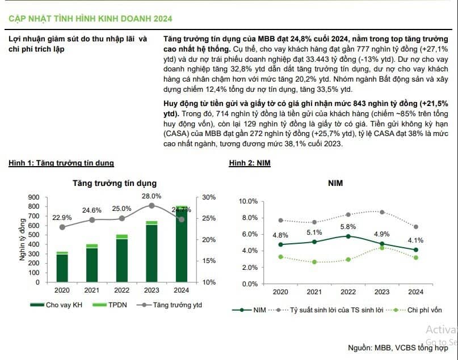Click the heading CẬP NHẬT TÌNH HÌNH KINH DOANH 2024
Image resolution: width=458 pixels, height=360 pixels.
[x=90, y=19]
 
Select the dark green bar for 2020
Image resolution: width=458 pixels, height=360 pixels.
[x=62, y=268]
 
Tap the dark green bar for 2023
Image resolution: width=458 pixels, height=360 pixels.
[x=152, y=253]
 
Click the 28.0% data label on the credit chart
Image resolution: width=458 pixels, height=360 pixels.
[x=152, y=196]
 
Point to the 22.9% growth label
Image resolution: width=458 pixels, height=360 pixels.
[x=62, y=218]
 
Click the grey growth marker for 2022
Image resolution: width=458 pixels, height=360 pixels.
[x=122, y=218]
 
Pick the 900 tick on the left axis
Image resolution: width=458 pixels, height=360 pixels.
[x=33, y=197]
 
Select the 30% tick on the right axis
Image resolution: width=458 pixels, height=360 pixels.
[x=209, y=197]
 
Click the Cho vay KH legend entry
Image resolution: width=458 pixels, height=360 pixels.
[x=56, y=305]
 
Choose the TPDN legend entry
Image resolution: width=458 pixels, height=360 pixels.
[x=110, y=305]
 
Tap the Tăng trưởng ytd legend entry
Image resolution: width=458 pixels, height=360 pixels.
[x=170, y=305]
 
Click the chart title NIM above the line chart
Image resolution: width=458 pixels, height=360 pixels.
[x=335, y=183]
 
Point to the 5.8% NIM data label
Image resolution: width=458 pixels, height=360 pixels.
[x=348, y=227]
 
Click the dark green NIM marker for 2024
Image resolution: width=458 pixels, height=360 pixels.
[x=415, y=249]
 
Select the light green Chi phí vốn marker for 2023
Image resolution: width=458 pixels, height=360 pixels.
[x=382, y=248]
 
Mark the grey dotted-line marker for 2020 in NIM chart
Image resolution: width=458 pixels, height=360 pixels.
[x=281, y=221]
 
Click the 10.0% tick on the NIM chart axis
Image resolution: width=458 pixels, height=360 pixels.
[x=248, y=201]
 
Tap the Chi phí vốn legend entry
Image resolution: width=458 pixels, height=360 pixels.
[x=414, y=310]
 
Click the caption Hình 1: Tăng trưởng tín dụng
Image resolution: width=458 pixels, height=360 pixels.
[x=61, y=163]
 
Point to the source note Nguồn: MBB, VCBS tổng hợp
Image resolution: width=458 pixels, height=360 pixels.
[x=398, y=348]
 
